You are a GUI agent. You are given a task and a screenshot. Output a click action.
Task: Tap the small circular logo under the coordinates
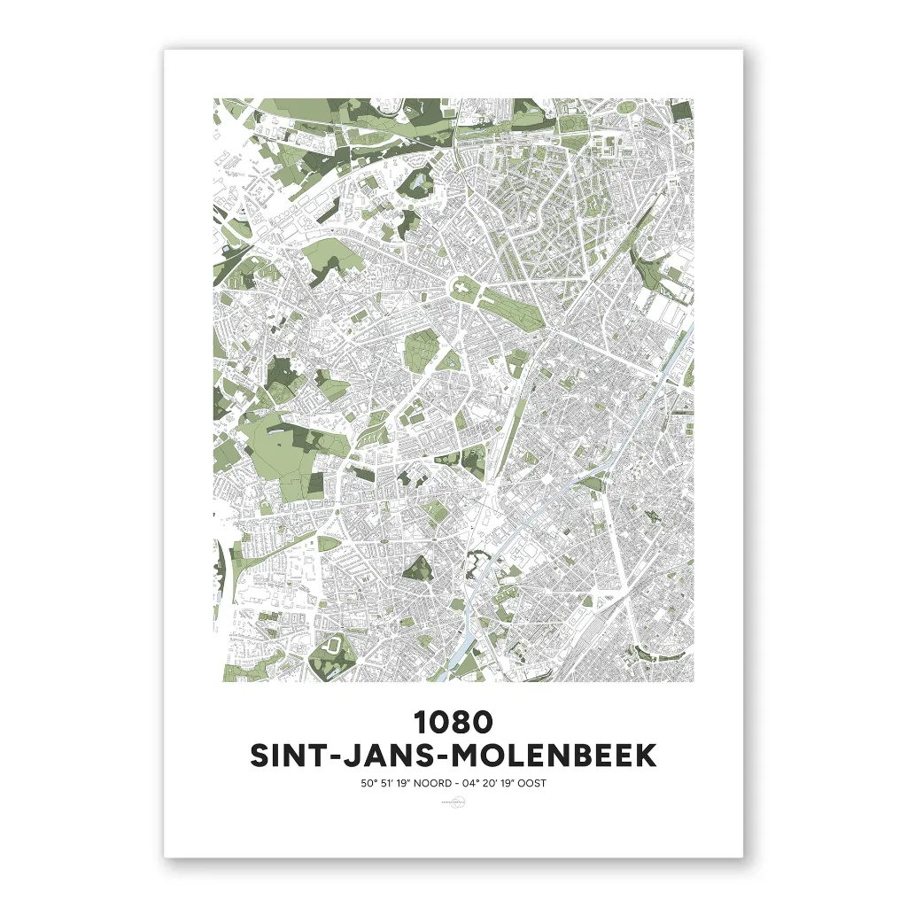[x=453, y=802]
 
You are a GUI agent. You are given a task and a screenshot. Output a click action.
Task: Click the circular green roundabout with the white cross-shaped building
[x=461, y=287]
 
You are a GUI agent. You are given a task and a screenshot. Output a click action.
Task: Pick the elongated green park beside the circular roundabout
[x=512, y=306]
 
